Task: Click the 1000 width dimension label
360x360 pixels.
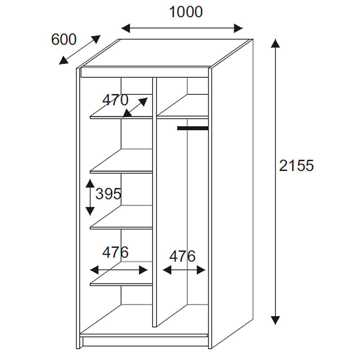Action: click(x=186, y=12)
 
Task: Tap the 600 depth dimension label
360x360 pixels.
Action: click(x=64, y=39)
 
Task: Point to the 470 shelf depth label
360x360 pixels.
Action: click(x=115, y=100)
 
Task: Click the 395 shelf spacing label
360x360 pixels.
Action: click(x=108, y=194)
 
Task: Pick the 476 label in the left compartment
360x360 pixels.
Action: click(x=115, y=252)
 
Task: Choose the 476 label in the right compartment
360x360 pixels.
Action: click(x=182, y=256)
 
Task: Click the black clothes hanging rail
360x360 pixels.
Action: click(x=193, y=128)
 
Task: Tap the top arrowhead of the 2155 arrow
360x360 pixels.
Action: click(x=275, y=43)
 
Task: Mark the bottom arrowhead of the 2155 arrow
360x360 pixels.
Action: click(x=275, y=320)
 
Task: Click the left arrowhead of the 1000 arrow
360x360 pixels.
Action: click(x=126, y=28)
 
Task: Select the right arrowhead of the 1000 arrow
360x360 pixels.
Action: click(x=238, y=28)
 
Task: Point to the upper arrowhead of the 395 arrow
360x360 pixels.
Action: click(x=90, y=183)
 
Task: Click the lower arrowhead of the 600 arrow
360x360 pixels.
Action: click(x=63, y=60)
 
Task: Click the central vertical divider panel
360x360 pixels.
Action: click(x=154, y=202)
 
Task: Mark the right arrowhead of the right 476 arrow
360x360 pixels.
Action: click(x=201, y=270)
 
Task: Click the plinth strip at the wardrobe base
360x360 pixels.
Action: click(x=145, y=341)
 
